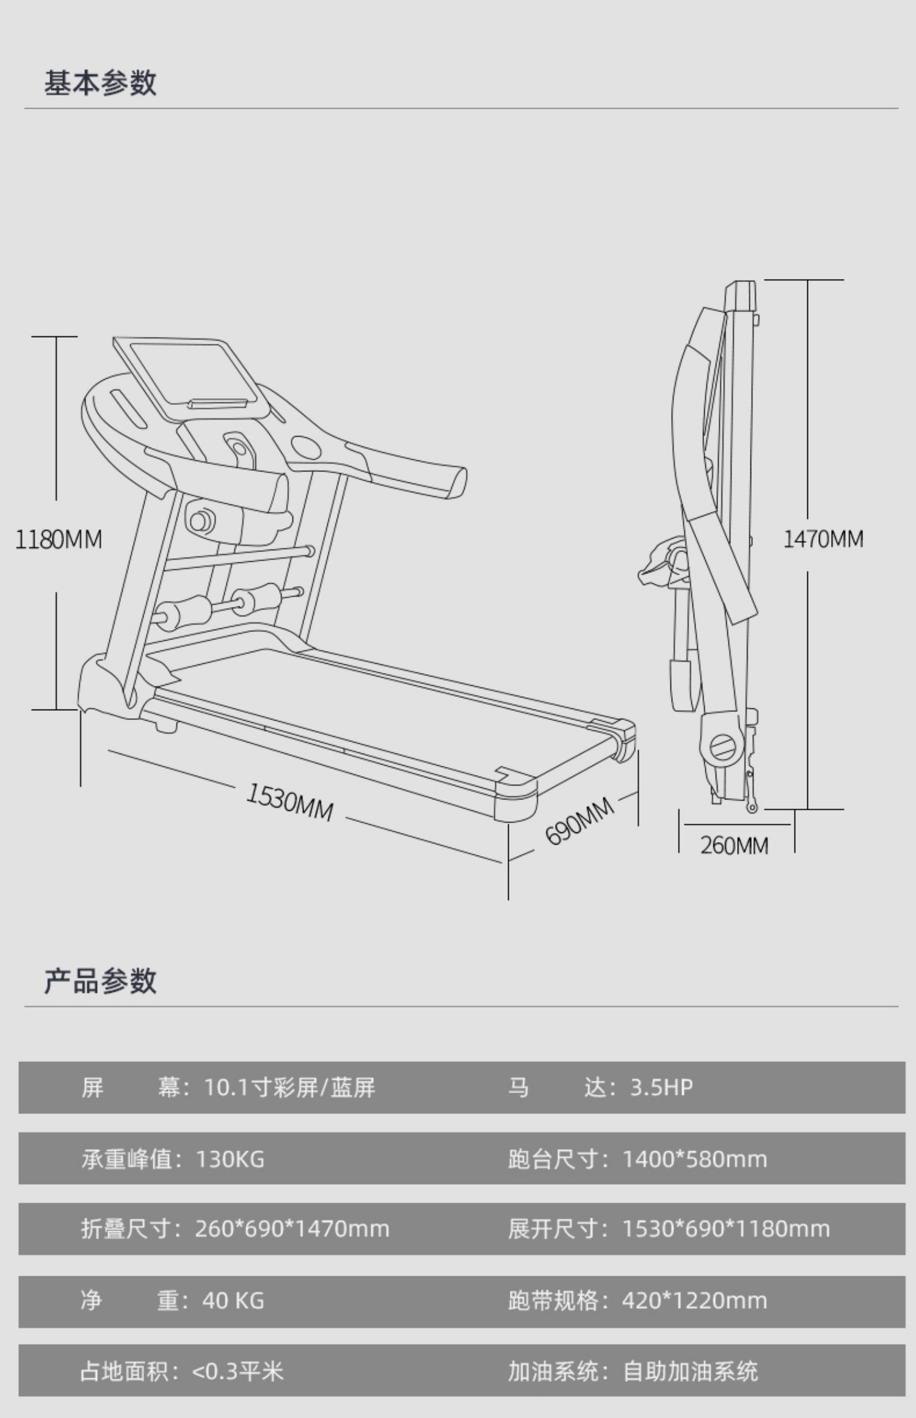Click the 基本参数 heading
[100, 83]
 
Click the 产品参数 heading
[100, 981]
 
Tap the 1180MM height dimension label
[59, 540]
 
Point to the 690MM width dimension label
[579, 821]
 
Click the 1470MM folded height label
[823, 539]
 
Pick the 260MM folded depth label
[734, 846]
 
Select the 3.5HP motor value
[661, 1088]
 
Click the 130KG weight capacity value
[230, 1158]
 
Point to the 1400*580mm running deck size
[694, 1158]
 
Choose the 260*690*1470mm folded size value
[292, 1229]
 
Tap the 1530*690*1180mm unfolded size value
[726, 1229]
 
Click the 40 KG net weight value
[233, 1300]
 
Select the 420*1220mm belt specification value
[694, 1300]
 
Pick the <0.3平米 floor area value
[238, 1371]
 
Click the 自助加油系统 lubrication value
[690, 1371]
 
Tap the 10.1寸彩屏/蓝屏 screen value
[289, 1088]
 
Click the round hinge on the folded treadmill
[723, 746]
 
